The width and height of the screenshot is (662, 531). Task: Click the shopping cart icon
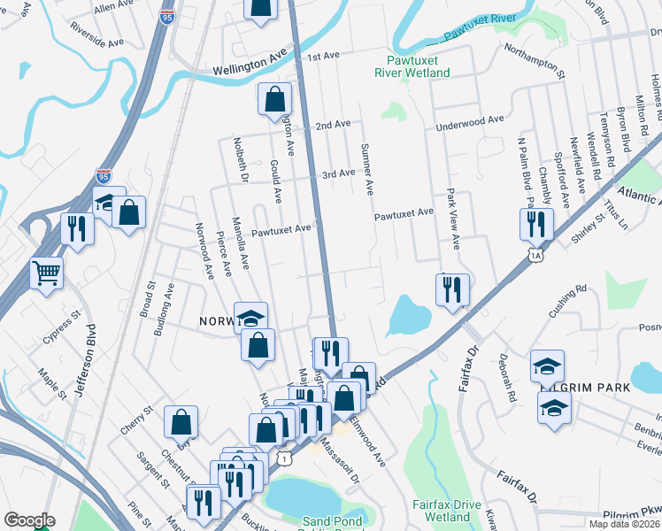(x=46, y=272)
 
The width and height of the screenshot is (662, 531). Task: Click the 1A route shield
(x=535, y=256)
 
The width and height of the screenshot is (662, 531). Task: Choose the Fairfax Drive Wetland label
(x=447, y=510)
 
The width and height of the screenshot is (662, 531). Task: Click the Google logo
(x=29, y=520)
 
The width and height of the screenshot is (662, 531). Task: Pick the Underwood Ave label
(x=469, y=123)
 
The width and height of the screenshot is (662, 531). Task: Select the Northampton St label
(x=534, y=63)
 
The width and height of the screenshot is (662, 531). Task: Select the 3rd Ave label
(x=338, y=174)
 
